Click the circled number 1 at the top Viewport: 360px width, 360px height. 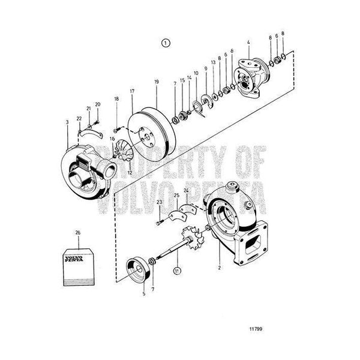click(x=166, y=43)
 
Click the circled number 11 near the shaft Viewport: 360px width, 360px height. click(x=177, y=271)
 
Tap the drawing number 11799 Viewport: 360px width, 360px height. click(x=256, y=329)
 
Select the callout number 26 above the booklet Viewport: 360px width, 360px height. click(x=78, y=233)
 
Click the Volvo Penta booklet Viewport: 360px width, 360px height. click(x=79, y=267)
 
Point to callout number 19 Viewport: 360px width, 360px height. click(x=157, y=82)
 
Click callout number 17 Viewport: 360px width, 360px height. click(x=132, y=91)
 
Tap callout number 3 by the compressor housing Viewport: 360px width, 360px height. click(x=67, y=122)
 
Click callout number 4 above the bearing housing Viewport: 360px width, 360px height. click(x=248, y=42)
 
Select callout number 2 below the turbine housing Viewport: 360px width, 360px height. click(x=220, y=268)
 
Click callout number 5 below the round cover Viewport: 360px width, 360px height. click(x=144, y=293)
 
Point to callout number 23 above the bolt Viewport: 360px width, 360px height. click(x=160, y=202)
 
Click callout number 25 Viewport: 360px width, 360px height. click(x=176, y=196)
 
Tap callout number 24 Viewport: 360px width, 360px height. click(x=186, y=190)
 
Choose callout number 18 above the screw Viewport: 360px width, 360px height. click(x=116, y=99)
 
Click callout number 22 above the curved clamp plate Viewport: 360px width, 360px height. click(x=79, y=118)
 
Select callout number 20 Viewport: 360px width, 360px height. click(x=98, y=104)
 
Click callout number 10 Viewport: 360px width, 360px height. click(x=196, y=73)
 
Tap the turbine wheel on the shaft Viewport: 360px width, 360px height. click(x=193, y=238)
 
